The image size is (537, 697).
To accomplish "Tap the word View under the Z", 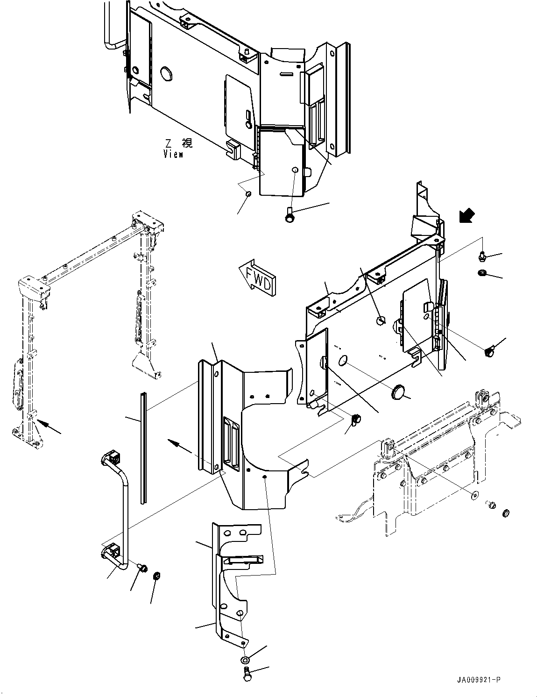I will tap(174, 154).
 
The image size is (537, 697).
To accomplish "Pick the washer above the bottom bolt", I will tap(245, 660).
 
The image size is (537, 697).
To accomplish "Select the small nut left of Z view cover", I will tap(248, 194).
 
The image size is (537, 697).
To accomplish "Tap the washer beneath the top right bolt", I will tap(482, 272).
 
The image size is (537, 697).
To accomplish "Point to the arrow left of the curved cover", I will tap(180, 446).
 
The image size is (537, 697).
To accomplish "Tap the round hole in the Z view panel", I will tap(167, 73).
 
